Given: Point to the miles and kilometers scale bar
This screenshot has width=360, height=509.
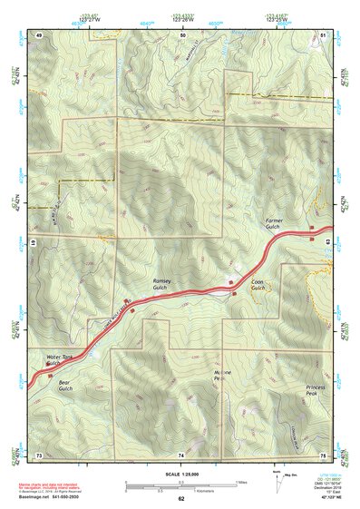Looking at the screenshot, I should [x=180, y=485].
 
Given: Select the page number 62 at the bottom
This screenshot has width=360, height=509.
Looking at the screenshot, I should [x=181, y=498].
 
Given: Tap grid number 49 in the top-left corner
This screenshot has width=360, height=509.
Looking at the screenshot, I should [x=39, y=34].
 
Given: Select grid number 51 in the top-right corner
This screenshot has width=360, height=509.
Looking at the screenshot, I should [x=324, y=34].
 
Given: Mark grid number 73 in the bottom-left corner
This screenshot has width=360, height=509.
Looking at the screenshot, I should [x=39, y=453].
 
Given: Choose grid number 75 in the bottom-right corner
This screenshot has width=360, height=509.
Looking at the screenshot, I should [x=323, y=453].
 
